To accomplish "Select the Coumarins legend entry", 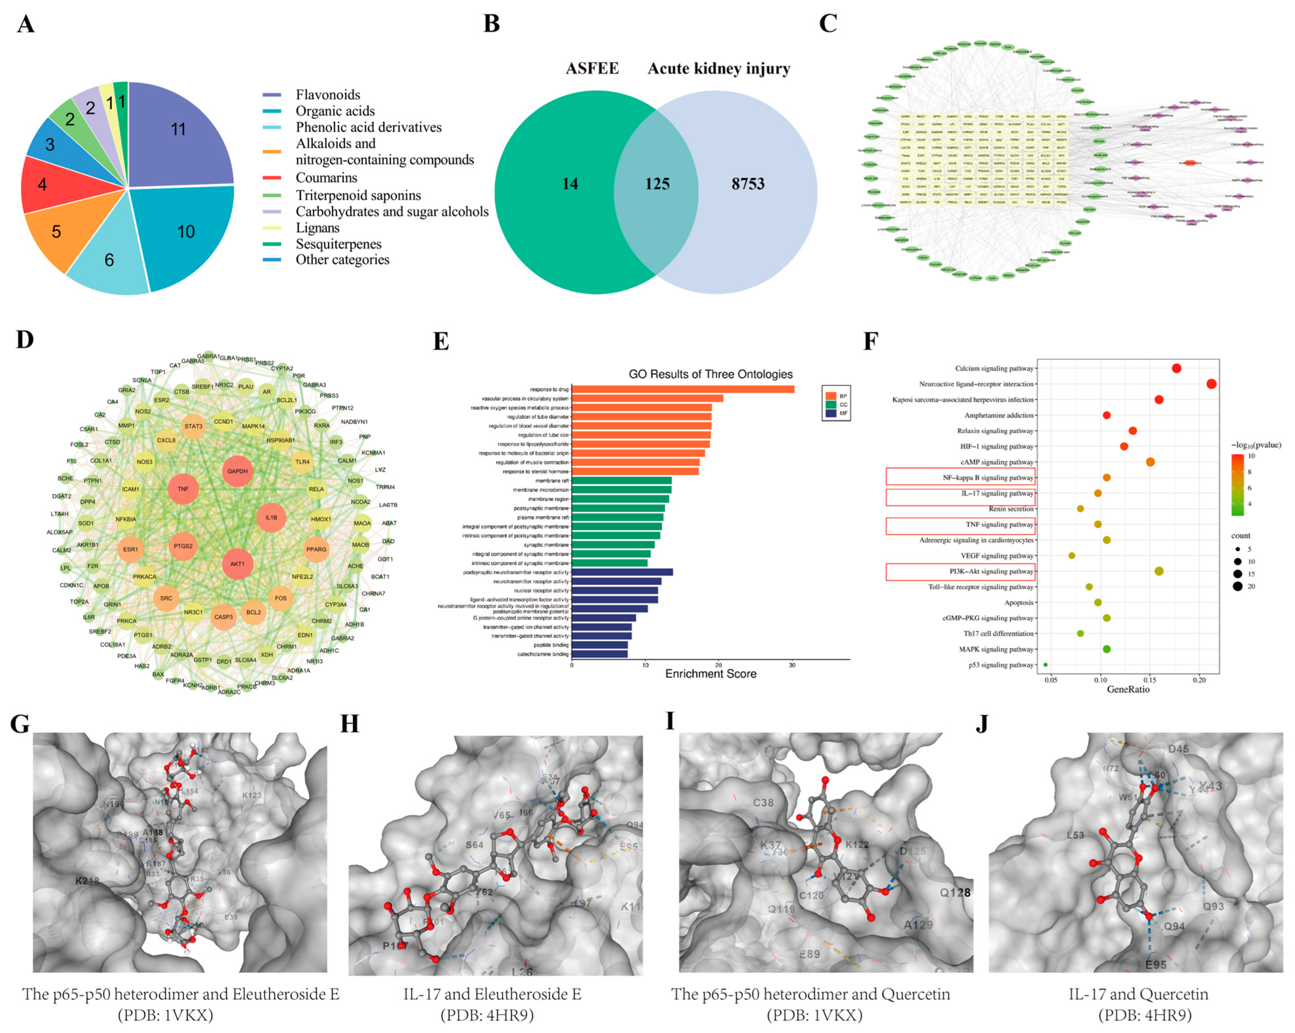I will [x=326, y=178].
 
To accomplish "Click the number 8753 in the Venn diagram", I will [x=748, y=184].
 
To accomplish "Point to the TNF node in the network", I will [x=183, y=489].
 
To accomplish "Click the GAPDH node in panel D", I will [x=237, y=471].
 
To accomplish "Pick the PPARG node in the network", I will [x=317, y=549].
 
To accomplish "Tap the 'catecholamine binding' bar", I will [x=599, y=654].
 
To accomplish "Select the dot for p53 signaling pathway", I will [x=1046, y=665].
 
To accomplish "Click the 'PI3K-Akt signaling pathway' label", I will [x=991, y=572].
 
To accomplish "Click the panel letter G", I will [x=20, y=724].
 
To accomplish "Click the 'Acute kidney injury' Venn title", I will [x=719, y=69].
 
